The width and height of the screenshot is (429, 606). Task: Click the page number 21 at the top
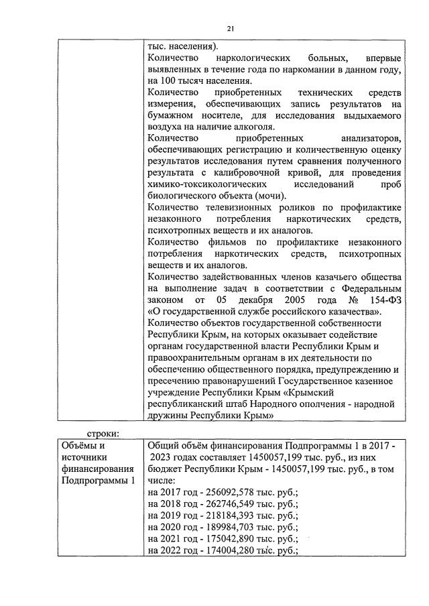click(229, 28)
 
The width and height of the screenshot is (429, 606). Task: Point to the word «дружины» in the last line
click(169, 416)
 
